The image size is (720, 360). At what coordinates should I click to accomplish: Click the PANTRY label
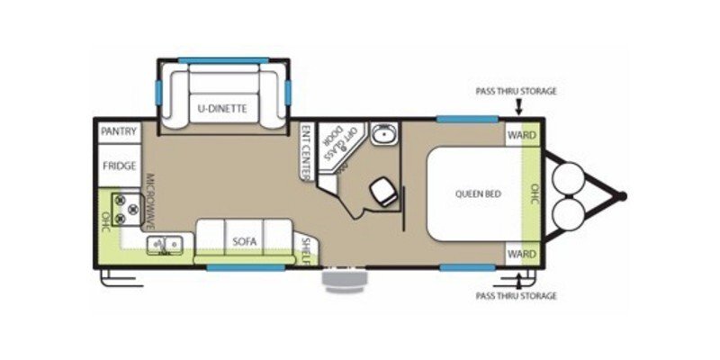[x=119, y=131]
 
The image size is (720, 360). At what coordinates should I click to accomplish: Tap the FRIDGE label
[x=119, y=166]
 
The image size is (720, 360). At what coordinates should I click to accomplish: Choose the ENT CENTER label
[x=307, y=149]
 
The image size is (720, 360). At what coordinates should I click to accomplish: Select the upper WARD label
[x=522, y=136]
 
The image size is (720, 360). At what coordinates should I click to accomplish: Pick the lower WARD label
[x=522, y=255]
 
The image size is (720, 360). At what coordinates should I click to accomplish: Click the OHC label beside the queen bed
[x=534, y=194]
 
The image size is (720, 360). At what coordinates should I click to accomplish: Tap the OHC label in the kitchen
[x=105, y=221]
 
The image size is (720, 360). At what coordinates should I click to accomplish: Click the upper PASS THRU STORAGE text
[x=517, y=92]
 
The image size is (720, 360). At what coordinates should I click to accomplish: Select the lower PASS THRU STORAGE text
[x=517, y=295]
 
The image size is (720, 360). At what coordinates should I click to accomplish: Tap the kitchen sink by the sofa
[x=165, y=244]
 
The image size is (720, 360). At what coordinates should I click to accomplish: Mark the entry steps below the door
[x=344, y=281]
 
